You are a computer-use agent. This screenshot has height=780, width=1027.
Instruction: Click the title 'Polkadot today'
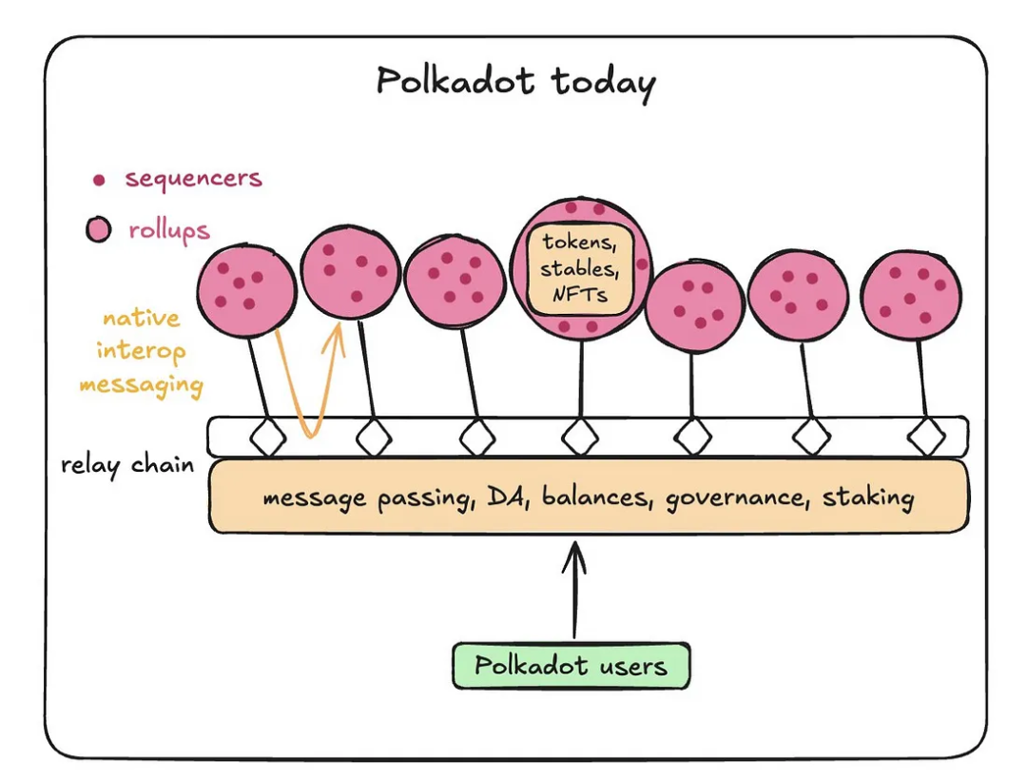(x=515, y=83)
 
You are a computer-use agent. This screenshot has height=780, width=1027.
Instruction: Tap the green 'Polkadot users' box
(x=572, y=666)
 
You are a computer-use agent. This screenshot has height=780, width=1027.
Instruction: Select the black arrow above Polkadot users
(x=574, y=589)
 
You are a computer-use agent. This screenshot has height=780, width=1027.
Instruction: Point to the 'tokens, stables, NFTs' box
(x=580, y=269)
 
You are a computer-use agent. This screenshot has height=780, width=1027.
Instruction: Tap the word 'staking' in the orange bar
(x=868, y=497)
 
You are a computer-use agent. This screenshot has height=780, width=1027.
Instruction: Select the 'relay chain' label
(x=127, y=465)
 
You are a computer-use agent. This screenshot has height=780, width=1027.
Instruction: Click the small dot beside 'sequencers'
(x=99, y=180)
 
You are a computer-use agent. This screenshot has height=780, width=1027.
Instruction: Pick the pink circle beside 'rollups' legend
(x=99, y=229)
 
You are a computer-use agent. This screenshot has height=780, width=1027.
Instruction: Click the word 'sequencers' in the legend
(x=194, y=178)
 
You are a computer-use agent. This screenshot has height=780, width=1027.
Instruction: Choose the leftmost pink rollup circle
(x=247, y=290)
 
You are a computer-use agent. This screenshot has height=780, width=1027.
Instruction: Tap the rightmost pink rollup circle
(x=911, y=295)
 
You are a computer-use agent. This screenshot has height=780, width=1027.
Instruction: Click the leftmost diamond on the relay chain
(x=268, y=437)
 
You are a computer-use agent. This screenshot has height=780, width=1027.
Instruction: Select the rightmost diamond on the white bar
(x=927, y=437)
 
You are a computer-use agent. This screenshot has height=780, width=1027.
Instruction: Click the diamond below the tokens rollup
(x=580, y=437)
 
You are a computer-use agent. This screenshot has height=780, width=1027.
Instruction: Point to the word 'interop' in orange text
(x=142, y=351)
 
